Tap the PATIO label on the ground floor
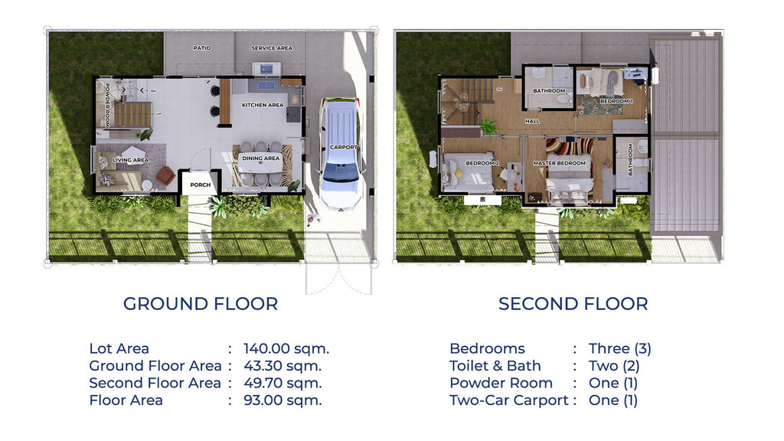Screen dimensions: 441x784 202,48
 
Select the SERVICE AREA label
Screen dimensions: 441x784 272,48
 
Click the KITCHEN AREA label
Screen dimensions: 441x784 263,105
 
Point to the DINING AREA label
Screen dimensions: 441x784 261,158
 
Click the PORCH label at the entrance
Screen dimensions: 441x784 201,185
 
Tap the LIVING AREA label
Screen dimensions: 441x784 130,161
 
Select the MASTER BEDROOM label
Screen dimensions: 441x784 559,163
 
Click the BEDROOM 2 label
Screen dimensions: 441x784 482,163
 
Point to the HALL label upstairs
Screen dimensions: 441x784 532,121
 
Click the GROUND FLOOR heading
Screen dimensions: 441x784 201,304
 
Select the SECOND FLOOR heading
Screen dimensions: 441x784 573,304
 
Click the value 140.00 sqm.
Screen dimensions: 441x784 286,349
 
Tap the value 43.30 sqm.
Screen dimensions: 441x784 283,366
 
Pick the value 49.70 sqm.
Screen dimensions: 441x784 283,383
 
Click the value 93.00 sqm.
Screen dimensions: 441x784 283,400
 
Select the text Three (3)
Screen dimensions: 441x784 619,349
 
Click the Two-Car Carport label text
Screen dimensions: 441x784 508,400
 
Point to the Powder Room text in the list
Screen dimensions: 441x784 501,383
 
